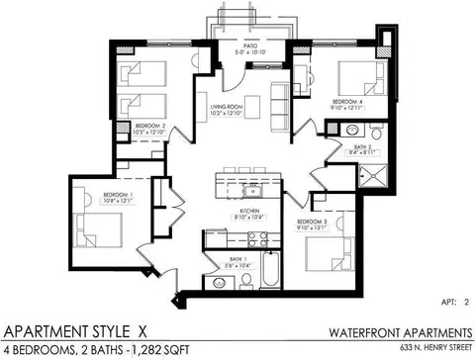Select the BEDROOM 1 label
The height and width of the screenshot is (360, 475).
(117, 196)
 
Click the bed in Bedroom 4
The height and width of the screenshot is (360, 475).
(355, 75)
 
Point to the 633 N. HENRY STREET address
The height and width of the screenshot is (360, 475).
(427, 349)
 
